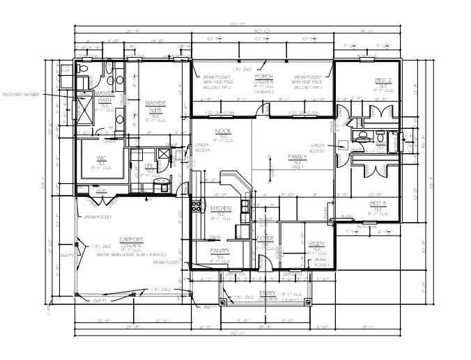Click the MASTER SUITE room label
(x=155, y=105)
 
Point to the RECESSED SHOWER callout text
(x=21, y=93)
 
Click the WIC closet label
(x=101, y=158)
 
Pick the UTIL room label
(x=148, y=166)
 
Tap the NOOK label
(x=223, y=131)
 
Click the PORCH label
(x=263, y=75)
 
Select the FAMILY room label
(x=298, y=157)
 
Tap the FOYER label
(x=264, y=238)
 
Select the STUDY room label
(x=316, y=243)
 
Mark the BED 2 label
(x=383, y=80)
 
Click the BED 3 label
(x=378, y=203)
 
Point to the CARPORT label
(x=132, y=238)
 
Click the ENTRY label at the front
(x=268, y=293)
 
